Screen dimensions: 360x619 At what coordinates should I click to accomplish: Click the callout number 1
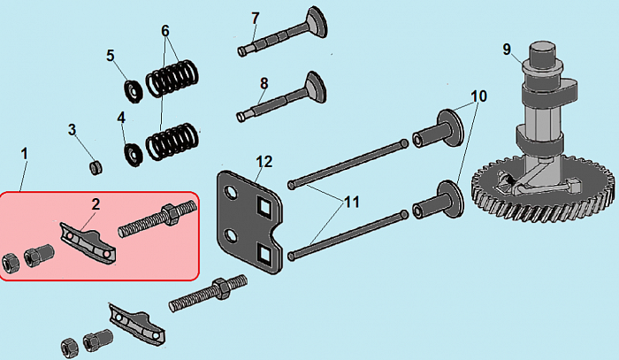25,153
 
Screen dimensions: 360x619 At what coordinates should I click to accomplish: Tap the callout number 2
96,203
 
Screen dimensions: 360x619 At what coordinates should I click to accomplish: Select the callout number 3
73,131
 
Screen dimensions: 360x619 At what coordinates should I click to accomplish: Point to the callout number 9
507,50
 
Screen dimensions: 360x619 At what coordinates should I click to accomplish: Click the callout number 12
264,162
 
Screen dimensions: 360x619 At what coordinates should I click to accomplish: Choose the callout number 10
478,95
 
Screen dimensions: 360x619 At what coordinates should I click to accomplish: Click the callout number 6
164,29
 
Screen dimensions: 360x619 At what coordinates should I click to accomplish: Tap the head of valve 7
315,19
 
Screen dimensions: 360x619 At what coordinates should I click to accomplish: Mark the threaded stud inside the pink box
149,219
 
